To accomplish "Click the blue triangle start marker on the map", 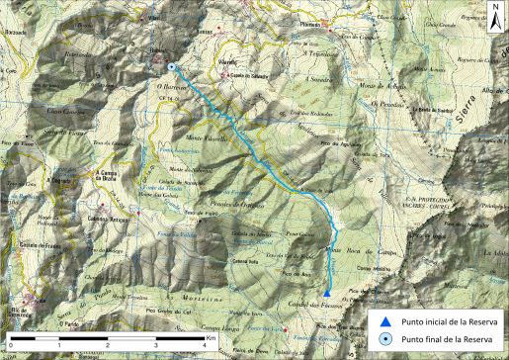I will (x=327, y=292).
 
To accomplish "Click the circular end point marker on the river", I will (x=172, y=67).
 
